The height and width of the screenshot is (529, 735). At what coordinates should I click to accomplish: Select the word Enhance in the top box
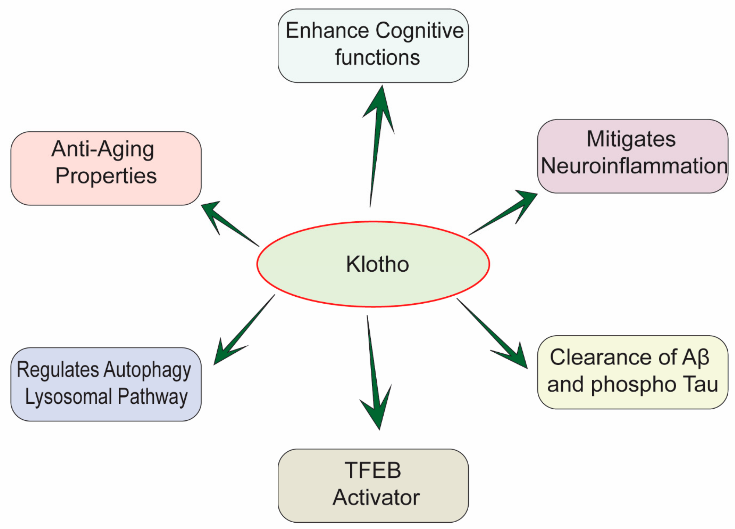327,31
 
